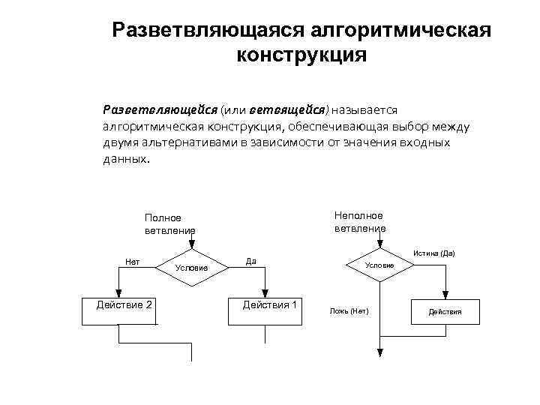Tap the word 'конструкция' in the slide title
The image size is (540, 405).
tap(301, 55)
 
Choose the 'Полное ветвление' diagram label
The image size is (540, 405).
tap(169, 223)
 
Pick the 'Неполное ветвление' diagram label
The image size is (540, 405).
tap(360, 222)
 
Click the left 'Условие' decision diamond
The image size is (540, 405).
tap(191, 267)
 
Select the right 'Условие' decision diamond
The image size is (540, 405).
tap(379, 265)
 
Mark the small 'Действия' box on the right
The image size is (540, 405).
tap(445, 311)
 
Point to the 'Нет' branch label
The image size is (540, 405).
tap(132, 262)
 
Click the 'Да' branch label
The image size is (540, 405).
tap(251, 262)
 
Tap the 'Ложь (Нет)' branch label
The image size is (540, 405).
tap(349, 310)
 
